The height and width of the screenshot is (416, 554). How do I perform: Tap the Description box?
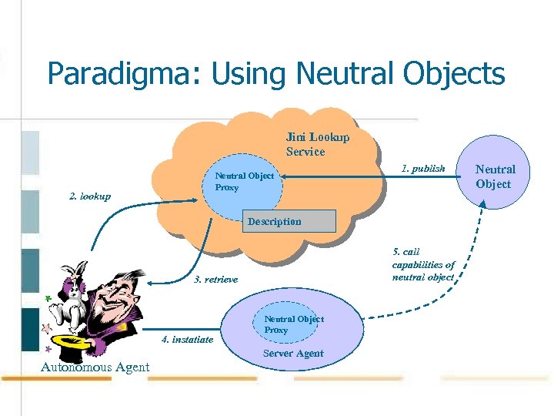[x=289, y=221]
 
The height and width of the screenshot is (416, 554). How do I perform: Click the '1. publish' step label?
[x=423, y=168]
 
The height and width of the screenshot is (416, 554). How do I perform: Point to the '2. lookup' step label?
[x=90, y=196]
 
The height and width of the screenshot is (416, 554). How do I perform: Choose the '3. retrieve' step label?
[x=215, y=279]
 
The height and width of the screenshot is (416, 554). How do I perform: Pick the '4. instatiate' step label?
[x=187, y=340]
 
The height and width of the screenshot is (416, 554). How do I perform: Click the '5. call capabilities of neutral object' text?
[x=423, y=264]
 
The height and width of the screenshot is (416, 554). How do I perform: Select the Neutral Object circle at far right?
[x=494, y=176]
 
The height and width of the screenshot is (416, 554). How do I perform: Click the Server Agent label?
[x=293, y=354]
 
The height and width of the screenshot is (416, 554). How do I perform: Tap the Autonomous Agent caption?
[x=95, y=367]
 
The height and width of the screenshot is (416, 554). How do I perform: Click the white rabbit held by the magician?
[x=73, y=294]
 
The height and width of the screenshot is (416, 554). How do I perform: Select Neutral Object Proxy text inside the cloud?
[x=244, y=182]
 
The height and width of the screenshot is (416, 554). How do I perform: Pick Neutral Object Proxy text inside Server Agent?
[x=293, y=324]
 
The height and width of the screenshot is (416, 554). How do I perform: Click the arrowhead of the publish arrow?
[x=282, y=176]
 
